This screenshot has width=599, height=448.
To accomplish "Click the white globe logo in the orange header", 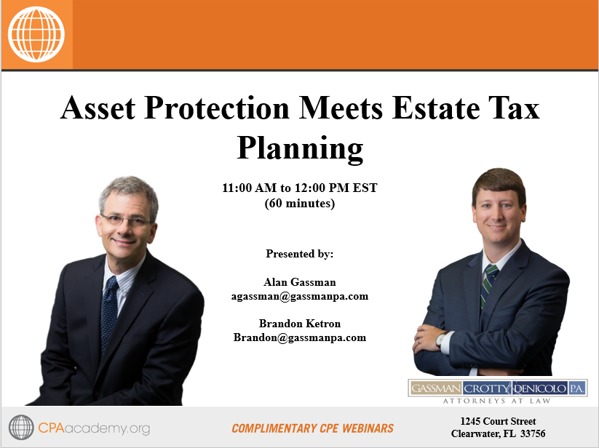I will pos(36,34).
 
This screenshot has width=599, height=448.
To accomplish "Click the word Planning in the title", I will pos(300,148).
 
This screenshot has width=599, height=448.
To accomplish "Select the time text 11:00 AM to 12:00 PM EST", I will pos(300,188).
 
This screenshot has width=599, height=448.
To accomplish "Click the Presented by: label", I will pos(300,254).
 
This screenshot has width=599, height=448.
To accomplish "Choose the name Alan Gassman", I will pos(300,282).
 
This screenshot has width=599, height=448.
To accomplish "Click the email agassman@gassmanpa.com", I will pos(300,296).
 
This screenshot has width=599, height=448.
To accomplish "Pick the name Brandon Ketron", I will pos(300,324).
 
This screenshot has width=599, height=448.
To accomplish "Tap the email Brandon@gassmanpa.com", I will pos(300,337).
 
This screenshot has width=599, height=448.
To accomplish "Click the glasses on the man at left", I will pos(126,219).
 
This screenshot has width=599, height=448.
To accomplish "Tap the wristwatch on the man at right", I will pos(441,339).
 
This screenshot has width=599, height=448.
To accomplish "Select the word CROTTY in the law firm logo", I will pos(487,388).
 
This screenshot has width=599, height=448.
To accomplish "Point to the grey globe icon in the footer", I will pos(21,428).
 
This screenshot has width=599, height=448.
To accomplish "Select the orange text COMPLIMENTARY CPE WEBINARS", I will pos(313,428).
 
